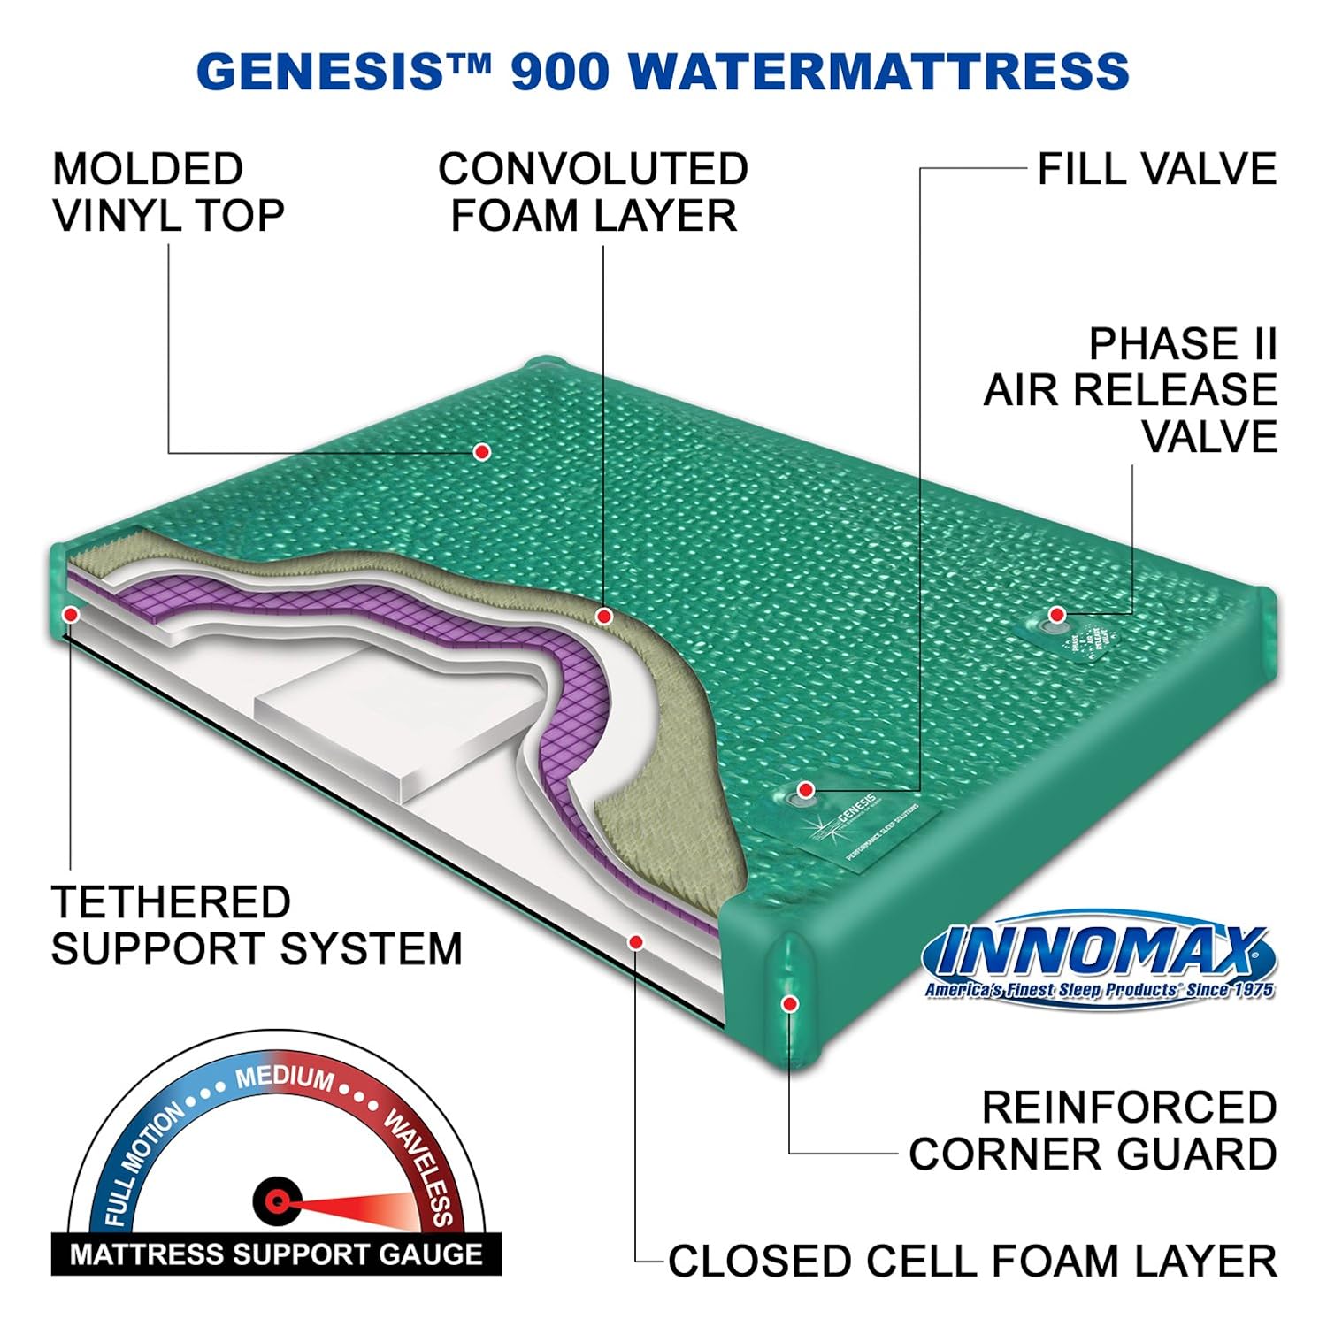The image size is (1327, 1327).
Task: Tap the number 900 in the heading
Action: [559, 71]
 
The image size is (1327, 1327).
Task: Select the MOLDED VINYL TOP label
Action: [168, 193]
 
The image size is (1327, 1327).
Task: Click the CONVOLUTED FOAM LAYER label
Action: [593, 193]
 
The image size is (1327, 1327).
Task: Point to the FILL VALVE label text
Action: [1157, 169]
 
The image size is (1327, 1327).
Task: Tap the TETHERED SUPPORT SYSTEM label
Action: [257, 925]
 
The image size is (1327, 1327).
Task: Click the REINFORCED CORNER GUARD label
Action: [1093, 1131]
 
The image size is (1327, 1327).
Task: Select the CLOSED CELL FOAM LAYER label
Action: [971, 1261]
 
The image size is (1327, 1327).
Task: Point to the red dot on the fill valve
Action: [805, 789]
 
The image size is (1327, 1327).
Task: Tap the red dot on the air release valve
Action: [1056, 615]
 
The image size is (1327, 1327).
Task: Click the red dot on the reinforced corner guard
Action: [790, 1003]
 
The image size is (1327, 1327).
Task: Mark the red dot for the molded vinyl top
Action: [482, 452]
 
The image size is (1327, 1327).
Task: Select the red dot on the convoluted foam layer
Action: [604, 616]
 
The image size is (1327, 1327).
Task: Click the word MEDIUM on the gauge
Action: [285, 1078]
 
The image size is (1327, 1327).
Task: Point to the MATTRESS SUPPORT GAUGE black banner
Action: [276, 1254]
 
